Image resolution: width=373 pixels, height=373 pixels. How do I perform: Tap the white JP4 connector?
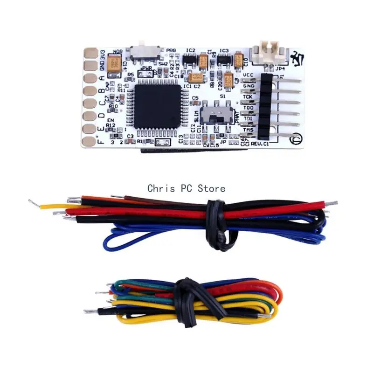tap(264, 52)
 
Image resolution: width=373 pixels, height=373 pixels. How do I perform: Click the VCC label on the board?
tap(249, 75)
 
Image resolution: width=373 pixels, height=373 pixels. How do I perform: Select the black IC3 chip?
tap(223, 59)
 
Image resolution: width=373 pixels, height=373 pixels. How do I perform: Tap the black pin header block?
tap(265, 107)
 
